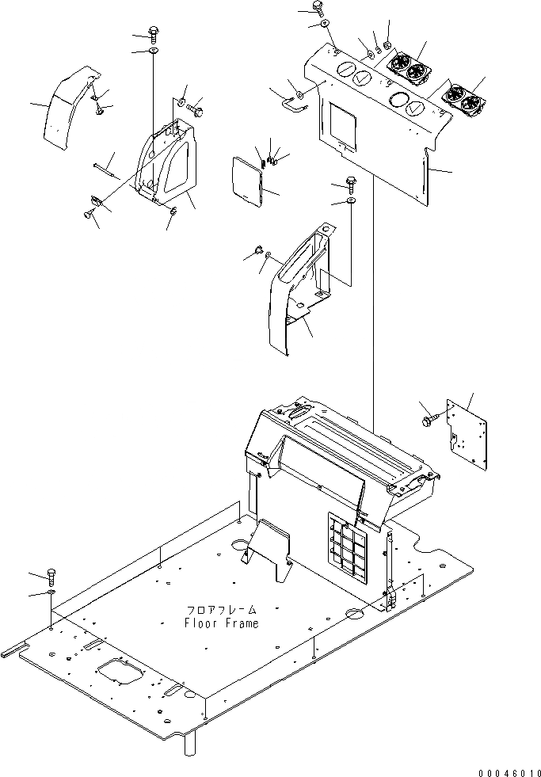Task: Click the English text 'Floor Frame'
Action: click(x=221, y=623)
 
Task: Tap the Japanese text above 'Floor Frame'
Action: click(x=222, y=611)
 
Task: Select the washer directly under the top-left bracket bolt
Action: click(x=152, y=51)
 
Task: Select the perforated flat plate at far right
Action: click(x=467, y=428)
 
